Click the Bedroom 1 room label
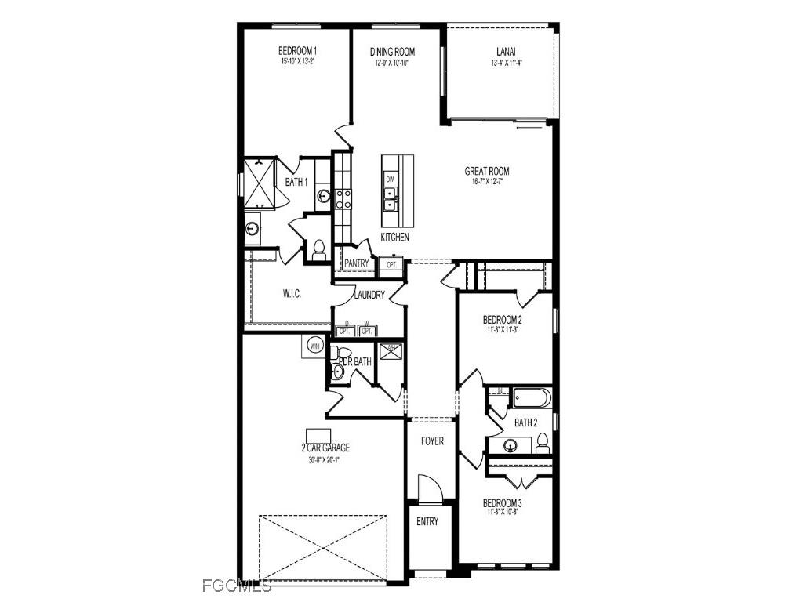click(297, 52)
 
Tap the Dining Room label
click(393, 52)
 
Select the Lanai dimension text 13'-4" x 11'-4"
click(505, 63)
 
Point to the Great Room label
click(487, 171)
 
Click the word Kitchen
click(394, 237)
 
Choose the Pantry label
click(356, 264)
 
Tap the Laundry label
click(369, 296)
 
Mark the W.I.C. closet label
click(292, 293)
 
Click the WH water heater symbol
click(314, 346)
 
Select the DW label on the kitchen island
click(390, 180)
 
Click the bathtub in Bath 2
click(532, 398)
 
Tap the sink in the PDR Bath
click(338, 372)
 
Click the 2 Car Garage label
click(325, 448)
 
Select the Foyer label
click(432, 441)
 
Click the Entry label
click(427, 522)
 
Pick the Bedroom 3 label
click(502, 503)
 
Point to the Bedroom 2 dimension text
click(502, 330)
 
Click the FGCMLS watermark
click(237, 585)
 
